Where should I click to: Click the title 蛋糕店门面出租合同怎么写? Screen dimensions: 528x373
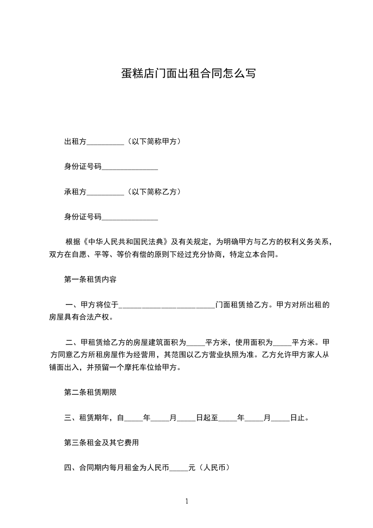click(x=188, y=73)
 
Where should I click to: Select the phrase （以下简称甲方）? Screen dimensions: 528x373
click(x=153, y=141)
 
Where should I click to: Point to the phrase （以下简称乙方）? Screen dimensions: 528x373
click(x=153, y=192)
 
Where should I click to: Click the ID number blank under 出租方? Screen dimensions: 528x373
click(x=129, y=167)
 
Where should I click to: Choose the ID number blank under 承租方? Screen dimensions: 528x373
click(x=129, y=218)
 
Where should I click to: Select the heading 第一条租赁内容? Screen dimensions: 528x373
click(x=90, y=280)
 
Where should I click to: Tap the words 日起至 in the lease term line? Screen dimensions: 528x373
click(x=206, y=417)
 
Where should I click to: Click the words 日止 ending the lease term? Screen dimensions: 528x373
click(x=299, y=417)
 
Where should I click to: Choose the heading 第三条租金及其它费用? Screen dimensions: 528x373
click(x=101, y=443)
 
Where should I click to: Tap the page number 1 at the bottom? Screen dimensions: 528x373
click(x=187, y=502)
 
